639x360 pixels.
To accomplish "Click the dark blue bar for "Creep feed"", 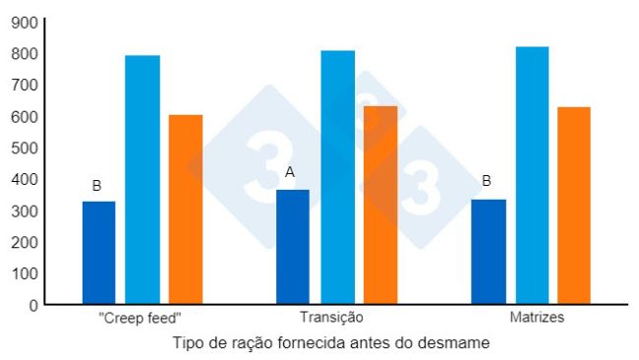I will click(x=98, y=253).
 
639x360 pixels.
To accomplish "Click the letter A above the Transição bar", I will click(x=290, y=172).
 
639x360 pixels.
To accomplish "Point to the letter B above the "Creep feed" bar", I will click(x=96, y=185).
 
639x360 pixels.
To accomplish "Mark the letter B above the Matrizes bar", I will click(x=487, y=181).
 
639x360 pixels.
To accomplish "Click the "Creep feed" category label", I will click(x=141, y=319).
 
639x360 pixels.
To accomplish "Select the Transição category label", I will click(x=332, y=319).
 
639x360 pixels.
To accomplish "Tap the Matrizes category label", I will click(x=538, y=319).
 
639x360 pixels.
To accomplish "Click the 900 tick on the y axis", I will click(x=26, y=23).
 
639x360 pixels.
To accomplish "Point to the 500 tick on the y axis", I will click(x=26, y=148).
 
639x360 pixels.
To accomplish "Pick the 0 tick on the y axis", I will click(x=32, y=305).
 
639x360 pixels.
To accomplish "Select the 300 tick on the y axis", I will click(x=26, y=210).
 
